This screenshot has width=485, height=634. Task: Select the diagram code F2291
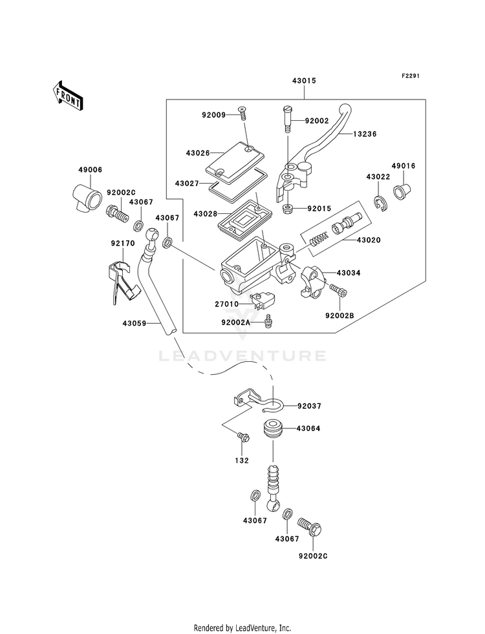[411, 76]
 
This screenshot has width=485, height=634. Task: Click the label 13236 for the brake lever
[365, 134]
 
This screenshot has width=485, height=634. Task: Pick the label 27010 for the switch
[227, 303]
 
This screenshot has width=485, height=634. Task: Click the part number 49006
[91, 169]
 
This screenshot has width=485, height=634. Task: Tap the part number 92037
[309, 407]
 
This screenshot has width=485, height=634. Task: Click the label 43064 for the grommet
[309, 428]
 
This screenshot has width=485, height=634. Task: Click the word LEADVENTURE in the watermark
[243, 355]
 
